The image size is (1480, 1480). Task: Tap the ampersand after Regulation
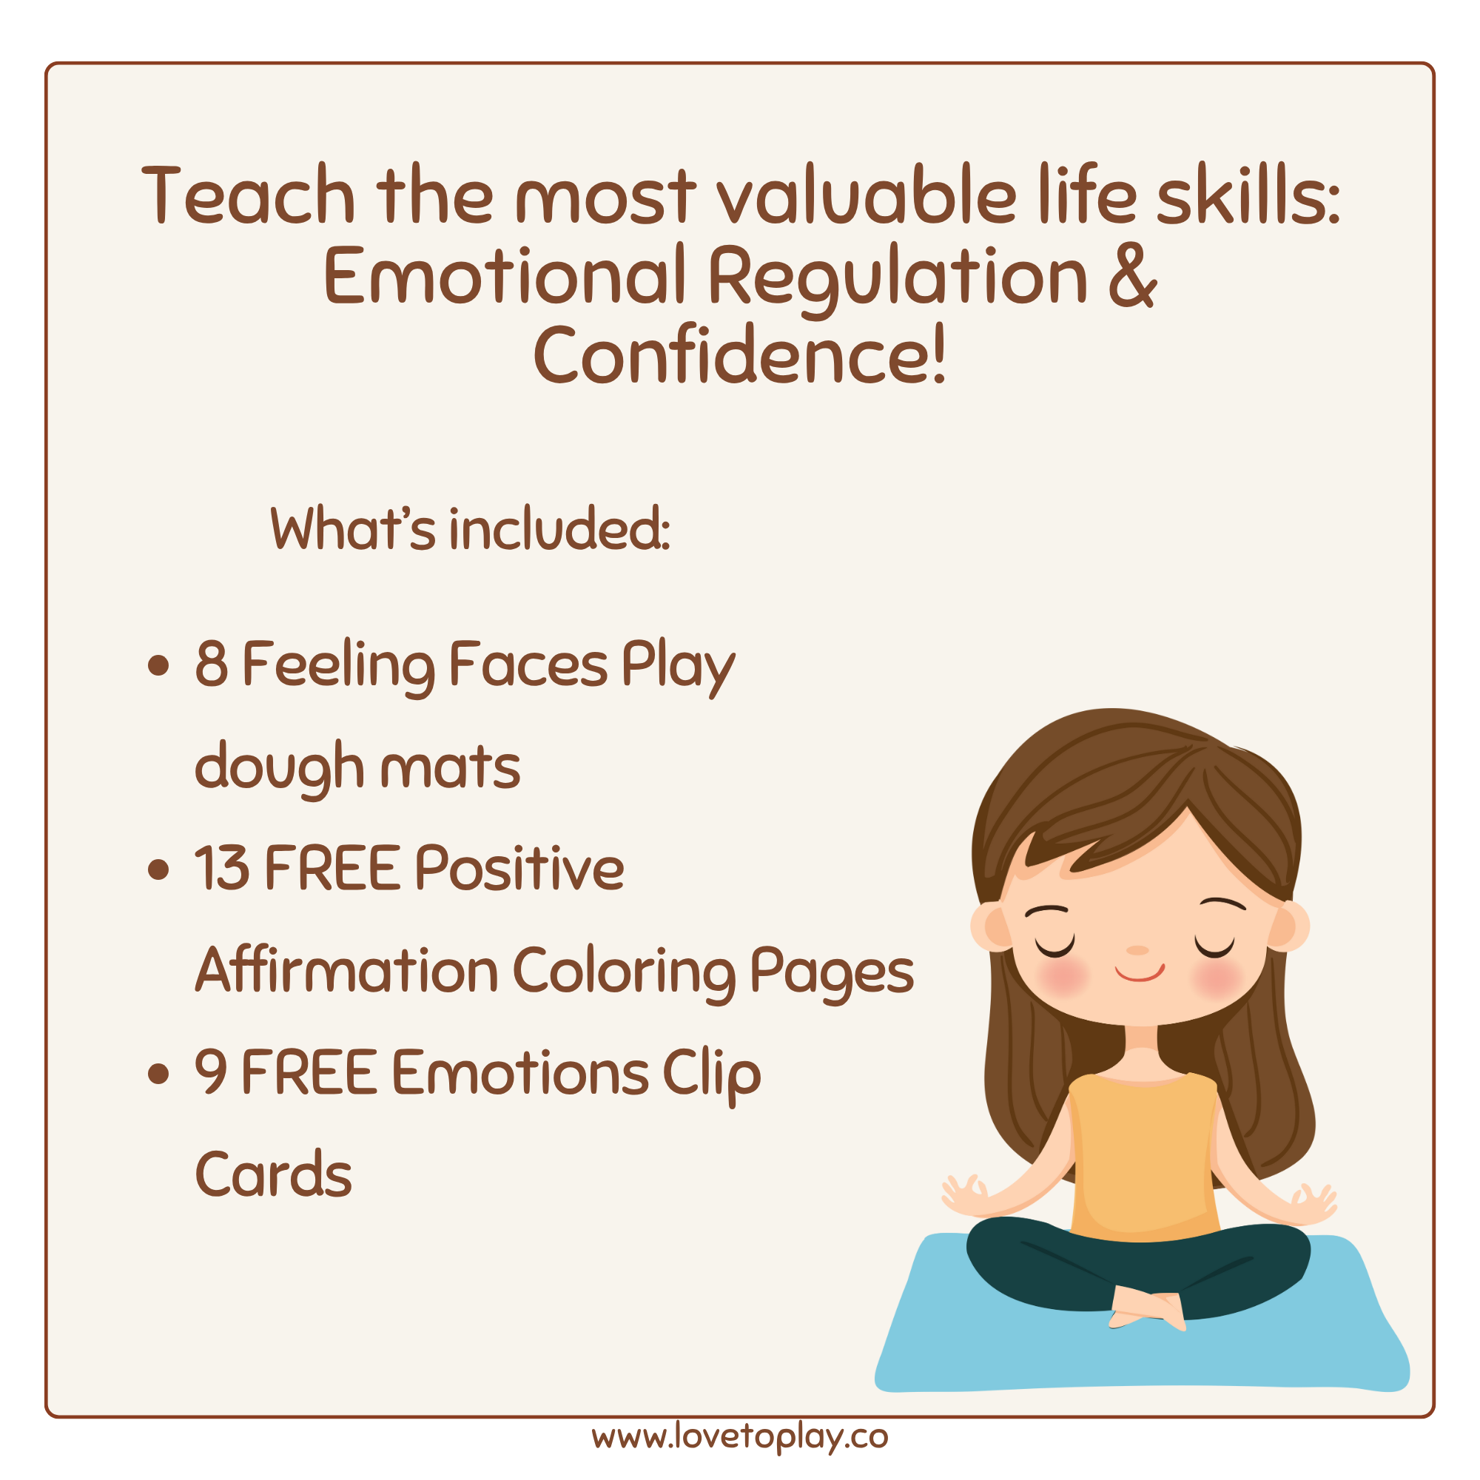tap(1131, 276)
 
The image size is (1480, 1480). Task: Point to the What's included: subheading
tap(471, 528)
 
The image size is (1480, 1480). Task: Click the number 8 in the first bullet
tap(212, 663)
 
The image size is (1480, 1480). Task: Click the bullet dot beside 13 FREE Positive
tap(158, 869)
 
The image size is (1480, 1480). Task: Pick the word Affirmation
tap(347, 970)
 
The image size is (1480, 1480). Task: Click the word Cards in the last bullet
tap(274, 1174)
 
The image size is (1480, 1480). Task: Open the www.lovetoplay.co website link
tap(740, 1437)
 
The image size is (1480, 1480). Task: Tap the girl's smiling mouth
tap(1139, 973)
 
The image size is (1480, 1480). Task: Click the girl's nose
tap(1137, 950)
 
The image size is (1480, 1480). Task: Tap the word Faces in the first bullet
tap(528, 663)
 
